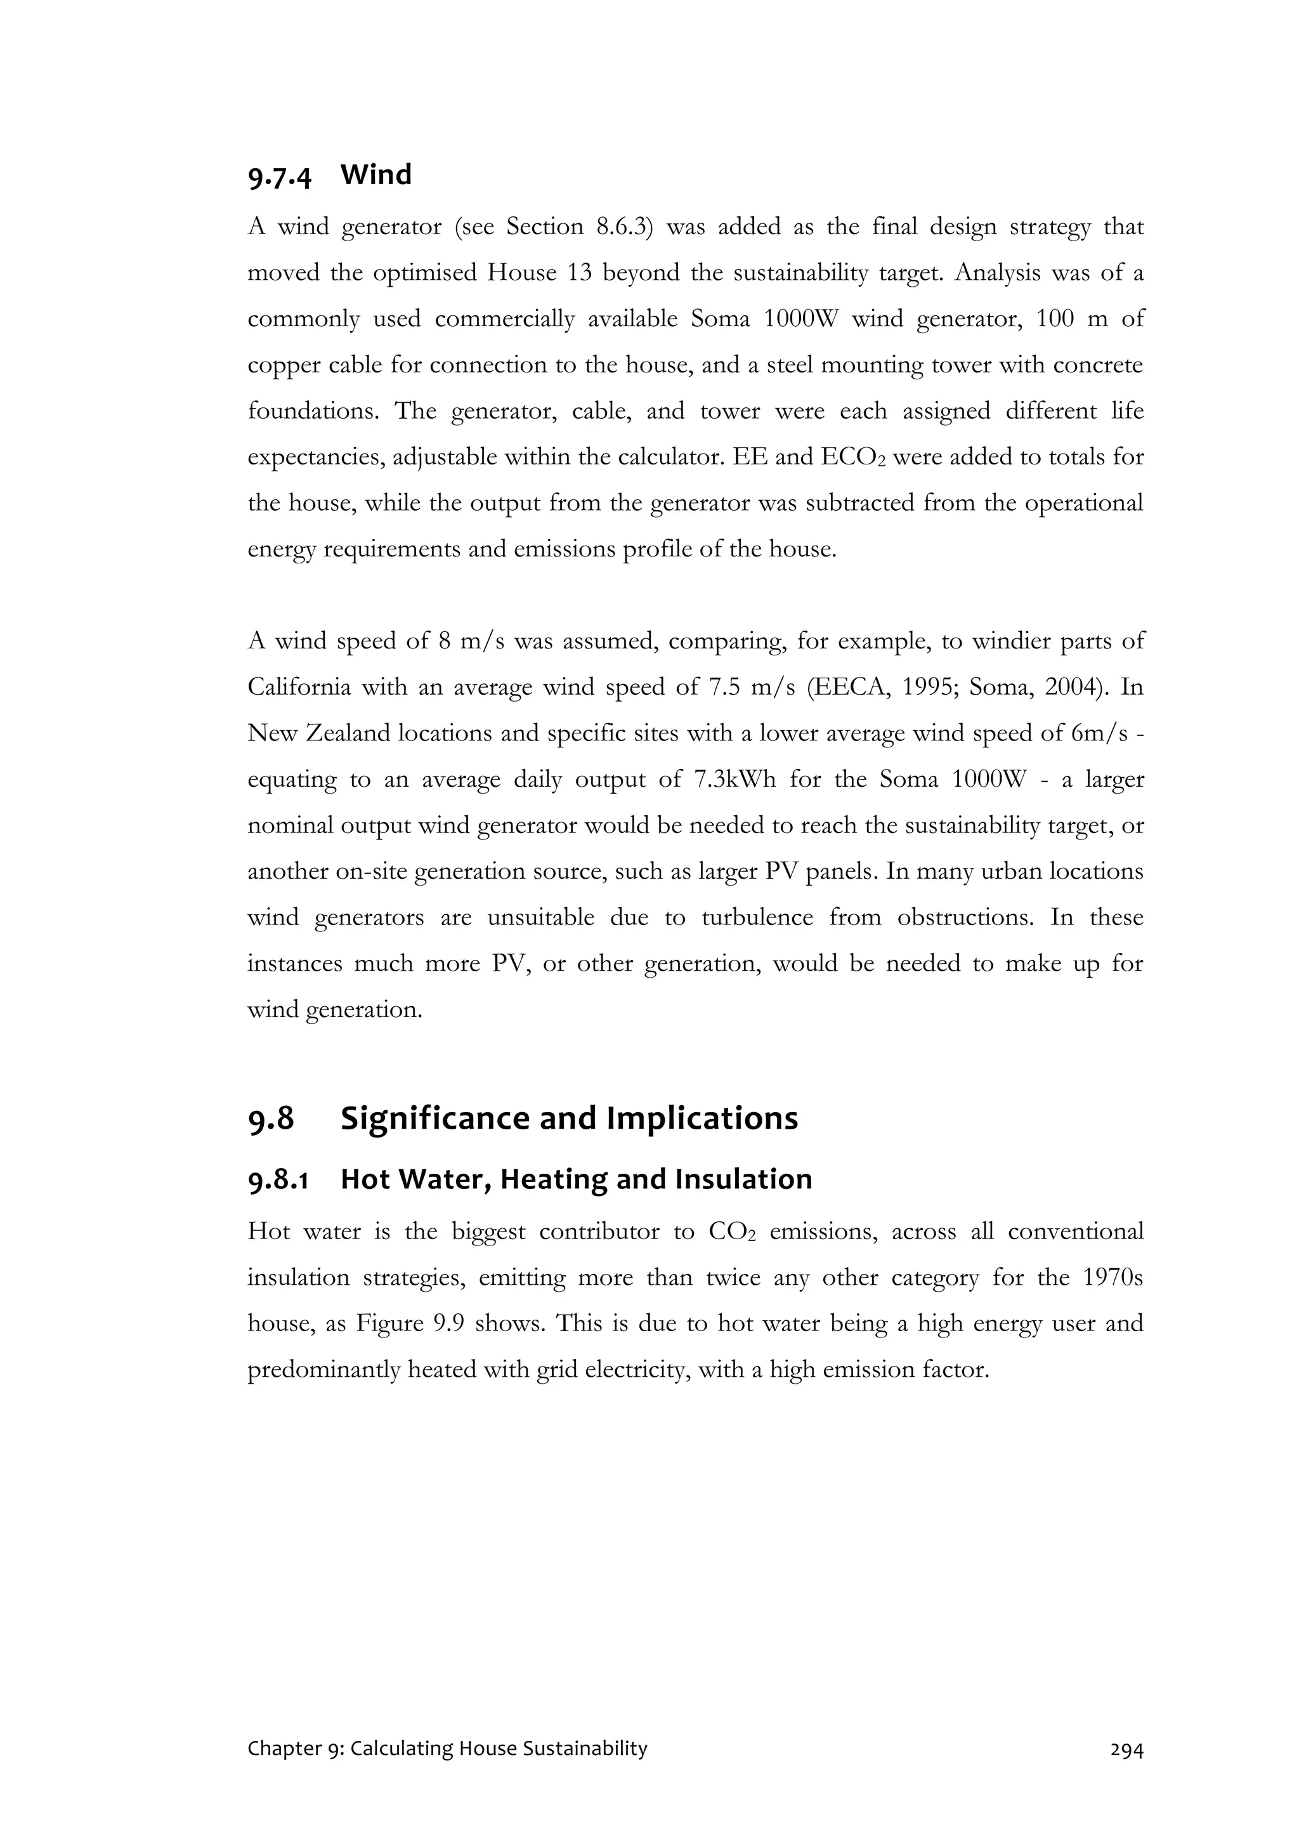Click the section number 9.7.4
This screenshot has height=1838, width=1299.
pos(278,176)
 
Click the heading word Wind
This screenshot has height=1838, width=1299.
pos(375,174)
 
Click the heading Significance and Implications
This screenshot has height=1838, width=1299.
pos(569,1119)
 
